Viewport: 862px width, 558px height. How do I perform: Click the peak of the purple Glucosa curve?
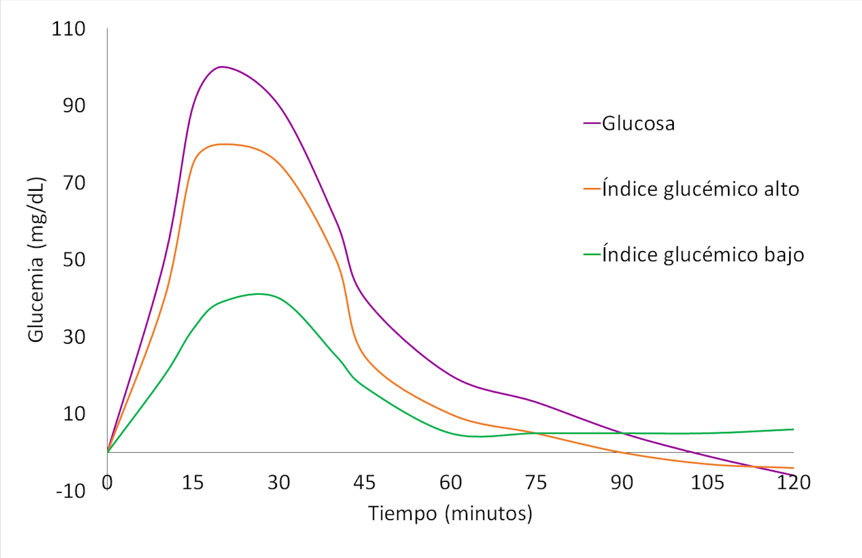point(222,67)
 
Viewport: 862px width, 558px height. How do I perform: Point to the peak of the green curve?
point(259,294)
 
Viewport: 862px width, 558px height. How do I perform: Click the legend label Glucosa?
point(638,124)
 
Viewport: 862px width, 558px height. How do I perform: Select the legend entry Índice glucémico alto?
point(700,189)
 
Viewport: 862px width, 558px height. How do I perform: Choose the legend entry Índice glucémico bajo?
point(703,255)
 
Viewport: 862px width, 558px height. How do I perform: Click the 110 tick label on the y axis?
point(68,29)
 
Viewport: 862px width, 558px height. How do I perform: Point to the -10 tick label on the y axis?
point(71,491)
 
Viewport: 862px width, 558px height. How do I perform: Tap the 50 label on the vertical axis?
point(74,260)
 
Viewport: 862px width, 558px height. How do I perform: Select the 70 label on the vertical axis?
point(74,183)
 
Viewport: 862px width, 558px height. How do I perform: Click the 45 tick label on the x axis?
point(364,483)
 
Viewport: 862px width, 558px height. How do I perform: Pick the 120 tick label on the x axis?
point(793,483)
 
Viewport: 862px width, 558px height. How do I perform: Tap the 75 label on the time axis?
point(535,483)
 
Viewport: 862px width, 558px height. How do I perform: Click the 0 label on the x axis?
point(107,483)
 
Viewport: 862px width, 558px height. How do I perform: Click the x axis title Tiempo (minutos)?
point(450,513)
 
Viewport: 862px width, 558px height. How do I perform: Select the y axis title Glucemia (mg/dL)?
point(36,260)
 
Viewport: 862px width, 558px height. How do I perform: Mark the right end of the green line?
point(794,429)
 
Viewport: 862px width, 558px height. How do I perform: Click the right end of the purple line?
point(794,476)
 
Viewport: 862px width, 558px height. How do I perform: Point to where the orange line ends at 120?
point(794,468)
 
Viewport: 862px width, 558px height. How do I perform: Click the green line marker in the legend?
point(592,255)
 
